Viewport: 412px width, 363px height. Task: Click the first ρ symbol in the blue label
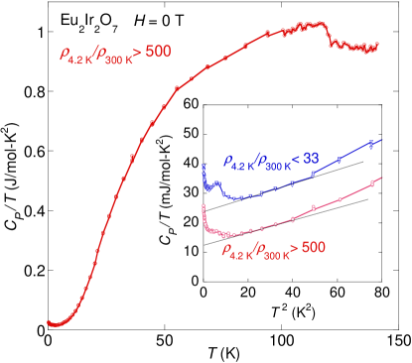(227, 160)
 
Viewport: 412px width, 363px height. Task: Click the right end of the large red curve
(377, 45)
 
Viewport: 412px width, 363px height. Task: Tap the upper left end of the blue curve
(204, 166)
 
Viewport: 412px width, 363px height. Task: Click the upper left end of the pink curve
(203, 205)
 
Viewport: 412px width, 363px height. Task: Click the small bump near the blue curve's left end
(211, 182)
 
